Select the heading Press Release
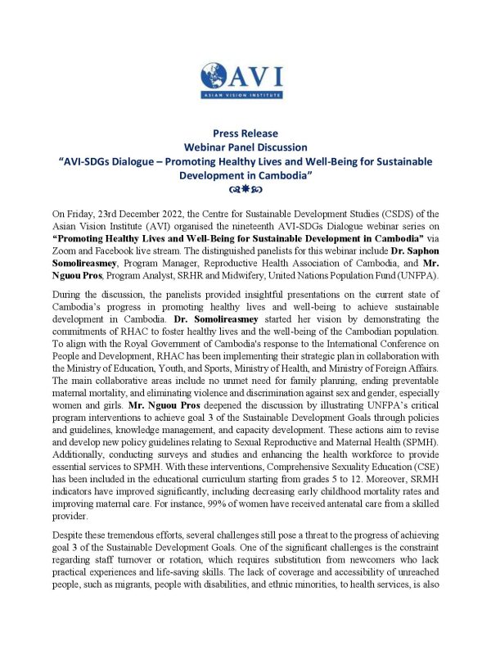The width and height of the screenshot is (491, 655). pos(245,133)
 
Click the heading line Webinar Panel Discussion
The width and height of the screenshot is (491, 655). pos(245,147)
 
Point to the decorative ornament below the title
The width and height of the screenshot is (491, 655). pos(245,190)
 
